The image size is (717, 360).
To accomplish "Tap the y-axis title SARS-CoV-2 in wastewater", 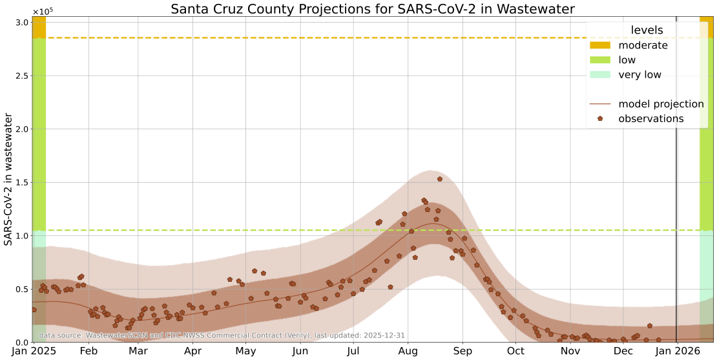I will tap(8, 179).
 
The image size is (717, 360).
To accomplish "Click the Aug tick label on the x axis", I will tap(408, 351).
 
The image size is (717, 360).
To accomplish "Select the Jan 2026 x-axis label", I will tap(676, 351).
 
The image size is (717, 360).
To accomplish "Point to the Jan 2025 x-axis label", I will tap(32, 351).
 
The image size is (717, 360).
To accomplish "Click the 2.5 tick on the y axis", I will tap(19, 76).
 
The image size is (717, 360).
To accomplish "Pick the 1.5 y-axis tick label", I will tap(19, 182).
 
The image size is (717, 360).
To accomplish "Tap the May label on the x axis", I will tap(245, 351).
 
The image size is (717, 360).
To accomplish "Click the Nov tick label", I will tap(570, 351).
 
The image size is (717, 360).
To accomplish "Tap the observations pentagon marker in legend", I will tap(601, 119).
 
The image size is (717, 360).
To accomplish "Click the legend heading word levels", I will tap(647, 30).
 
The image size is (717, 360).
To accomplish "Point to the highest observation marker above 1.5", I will tap(440, 179).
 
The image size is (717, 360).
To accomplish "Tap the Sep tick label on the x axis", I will tap(462, 351).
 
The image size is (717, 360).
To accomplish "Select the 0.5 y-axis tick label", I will tap(19, 289).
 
